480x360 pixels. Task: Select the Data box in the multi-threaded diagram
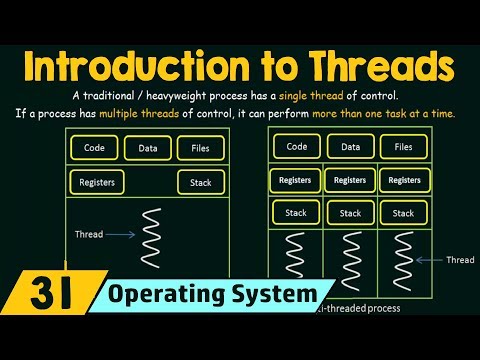coord(350,146)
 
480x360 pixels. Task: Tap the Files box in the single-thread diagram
coord(200,149)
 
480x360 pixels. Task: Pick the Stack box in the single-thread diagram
coord(201,183)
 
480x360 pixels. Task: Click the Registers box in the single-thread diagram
coord(96,183)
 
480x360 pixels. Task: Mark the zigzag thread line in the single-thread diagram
coord(152,236)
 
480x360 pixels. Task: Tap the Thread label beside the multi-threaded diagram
coord(460,260)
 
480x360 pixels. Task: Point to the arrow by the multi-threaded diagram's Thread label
coord(429,260)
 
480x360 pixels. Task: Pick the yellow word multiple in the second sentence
coord(148,113)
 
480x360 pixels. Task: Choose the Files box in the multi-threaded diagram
coord(403,146)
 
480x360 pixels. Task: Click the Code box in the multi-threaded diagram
coord(297,146)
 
